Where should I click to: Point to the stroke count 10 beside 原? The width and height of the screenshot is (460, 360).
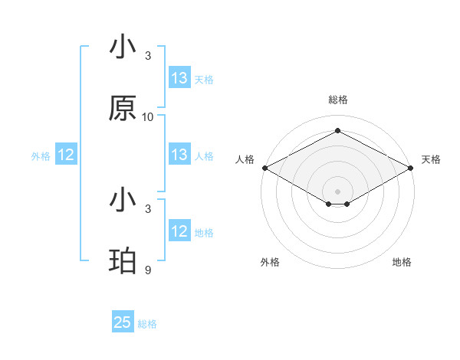click(x=148, y=117)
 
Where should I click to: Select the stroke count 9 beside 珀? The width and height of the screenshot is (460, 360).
click(x=148, y=270)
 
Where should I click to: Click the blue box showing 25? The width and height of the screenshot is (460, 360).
click(x=123, y=322)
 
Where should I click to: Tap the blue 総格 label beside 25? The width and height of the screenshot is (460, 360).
click(x=147, y=324)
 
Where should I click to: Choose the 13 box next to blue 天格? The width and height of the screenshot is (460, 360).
click(x=179, y=78)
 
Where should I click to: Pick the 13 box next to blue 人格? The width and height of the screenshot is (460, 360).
click(x=179, y=155)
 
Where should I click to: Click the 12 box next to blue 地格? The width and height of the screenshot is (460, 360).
click(x=179, y=231)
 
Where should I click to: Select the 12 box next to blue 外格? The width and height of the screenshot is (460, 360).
click(x=66, y=155)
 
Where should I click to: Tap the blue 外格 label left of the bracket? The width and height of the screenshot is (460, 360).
click(x=41, y=156)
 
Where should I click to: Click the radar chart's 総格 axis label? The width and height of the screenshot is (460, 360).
click(x=337, y=100)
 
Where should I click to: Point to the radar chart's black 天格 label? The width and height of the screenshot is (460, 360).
click(x=431, y=159)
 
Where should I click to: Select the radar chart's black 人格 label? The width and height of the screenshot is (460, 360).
click(x=244, y=159)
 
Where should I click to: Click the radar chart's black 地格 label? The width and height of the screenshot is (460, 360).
click(x=402, y=262)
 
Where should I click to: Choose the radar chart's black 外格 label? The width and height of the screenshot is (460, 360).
click(x=270, y=262)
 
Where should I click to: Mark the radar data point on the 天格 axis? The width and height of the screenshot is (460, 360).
click(x=411, y=167)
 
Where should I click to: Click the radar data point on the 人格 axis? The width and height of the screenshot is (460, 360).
click(x=264, y=167)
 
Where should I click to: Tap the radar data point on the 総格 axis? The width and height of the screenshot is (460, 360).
click(x=337, y=131)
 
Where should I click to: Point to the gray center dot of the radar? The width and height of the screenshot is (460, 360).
click(x=337, y=191)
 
